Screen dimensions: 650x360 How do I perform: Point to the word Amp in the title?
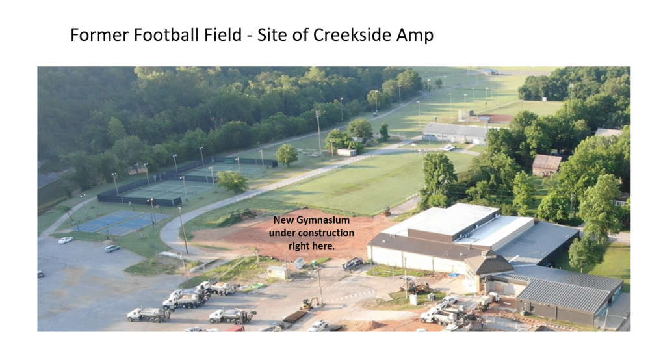tap(415, 36)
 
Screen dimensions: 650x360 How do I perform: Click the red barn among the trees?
tap(547, 165)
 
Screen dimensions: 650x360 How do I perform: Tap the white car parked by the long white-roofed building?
tap(449, 148)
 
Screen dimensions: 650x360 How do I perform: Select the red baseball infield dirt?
tap(497, 118)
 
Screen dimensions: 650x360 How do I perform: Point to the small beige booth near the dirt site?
tap(278, 272)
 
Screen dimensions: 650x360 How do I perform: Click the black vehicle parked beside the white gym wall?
tap(353, 263)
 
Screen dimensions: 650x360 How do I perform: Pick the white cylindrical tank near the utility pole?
tap(413, 300)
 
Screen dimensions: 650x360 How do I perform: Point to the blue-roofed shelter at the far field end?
tap(489, 71)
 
